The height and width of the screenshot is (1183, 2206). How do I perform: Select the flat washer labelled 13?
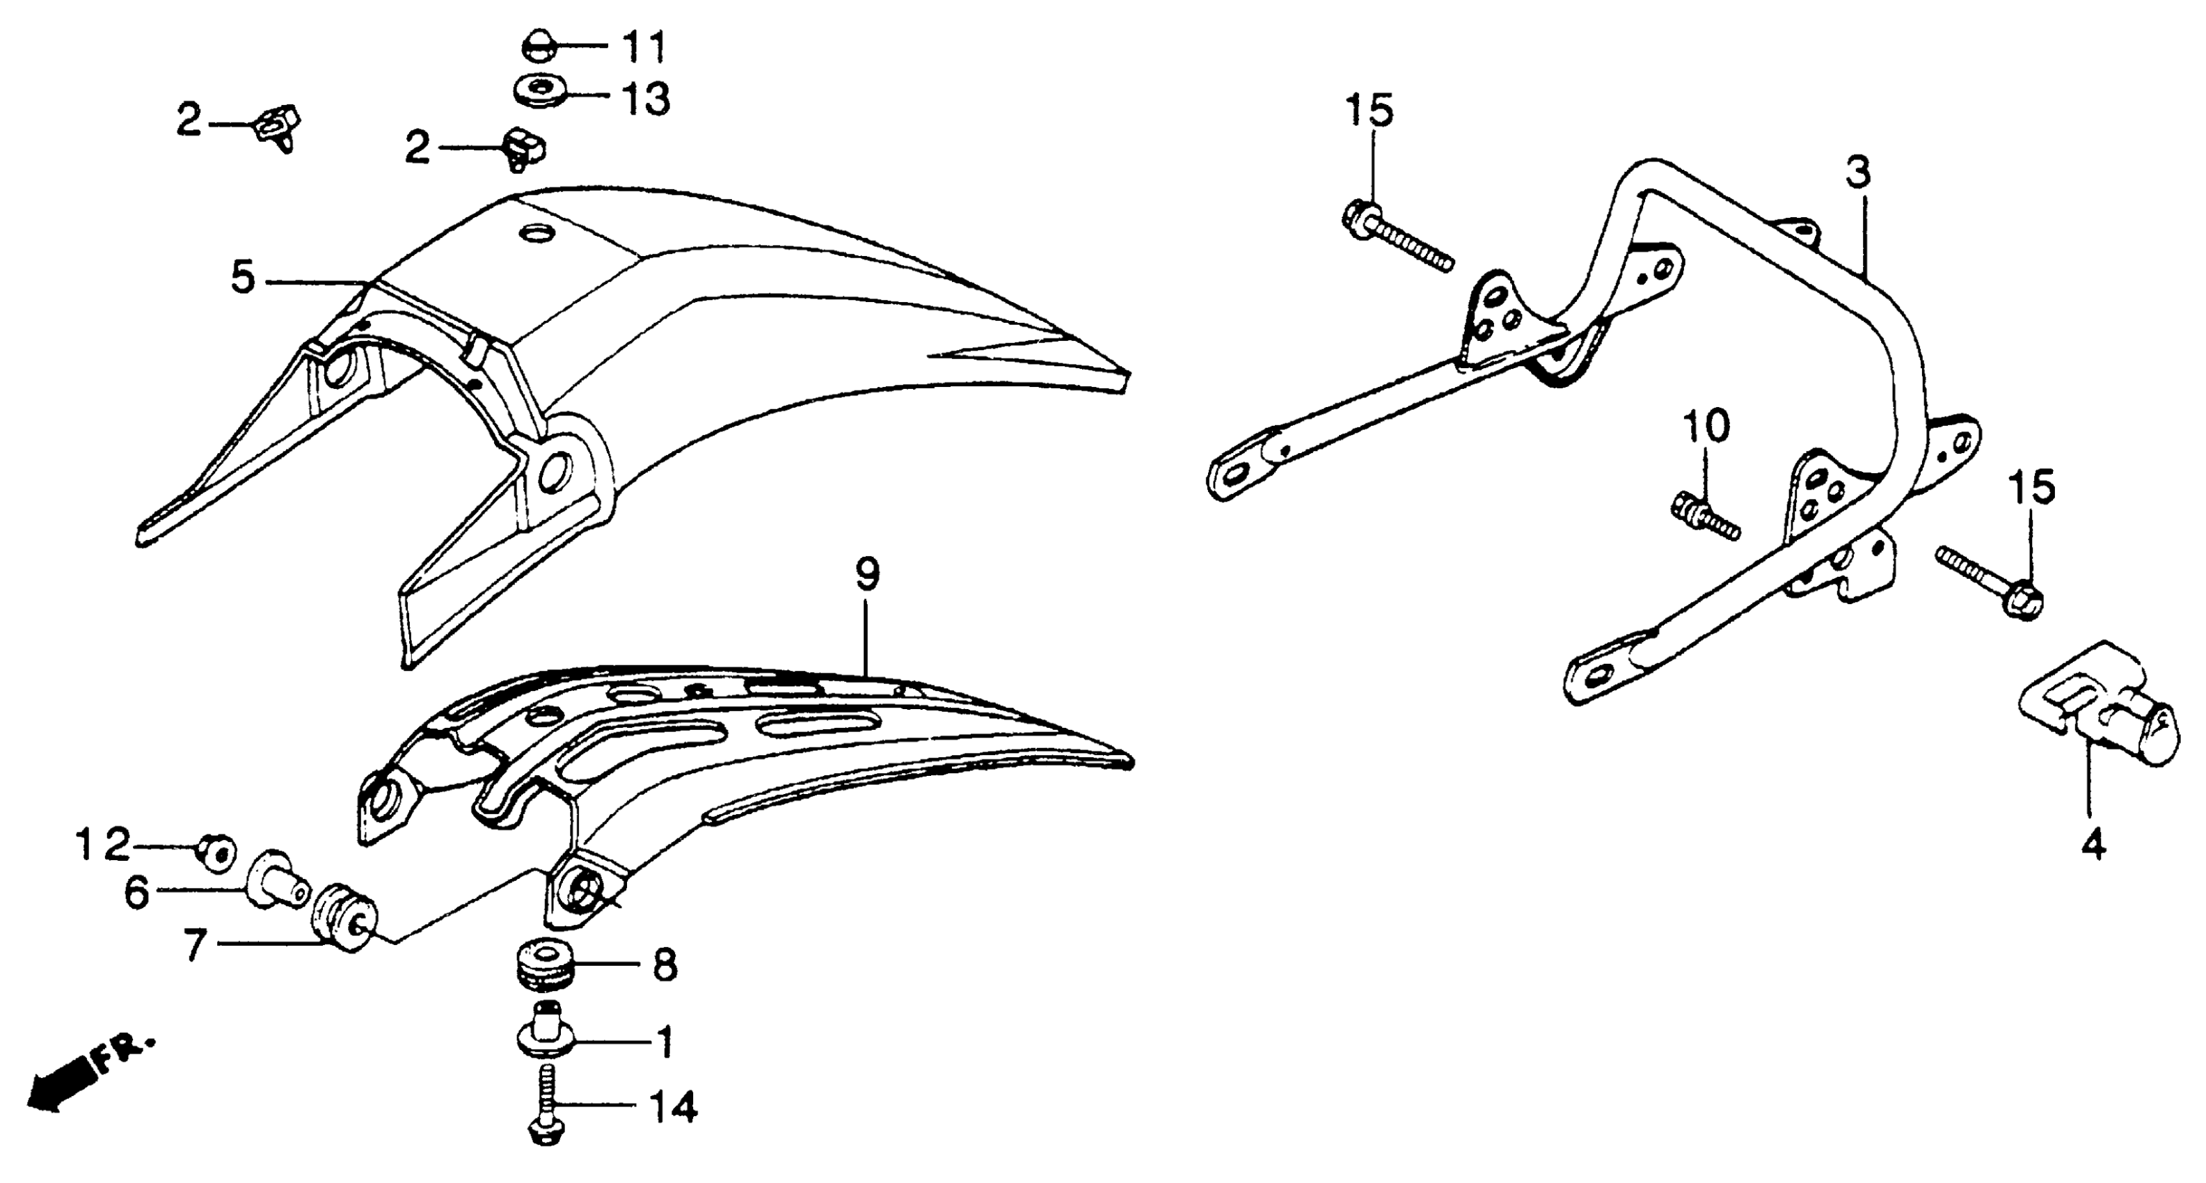coord(538,90)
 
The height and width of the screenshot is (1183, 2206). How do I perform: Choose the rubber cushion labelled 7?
coord(345,917)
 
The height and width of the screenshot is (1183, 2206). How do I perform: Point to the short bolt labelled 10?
coord(1704,518)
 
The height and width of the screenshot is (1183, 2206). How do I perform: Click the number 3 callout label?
coord(1857,174)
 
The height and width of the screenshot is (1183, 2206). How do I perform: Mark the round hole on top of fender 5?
coord(539,233)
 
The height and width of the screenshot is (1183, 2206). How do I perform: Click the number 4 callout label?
coord(2093,845)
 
